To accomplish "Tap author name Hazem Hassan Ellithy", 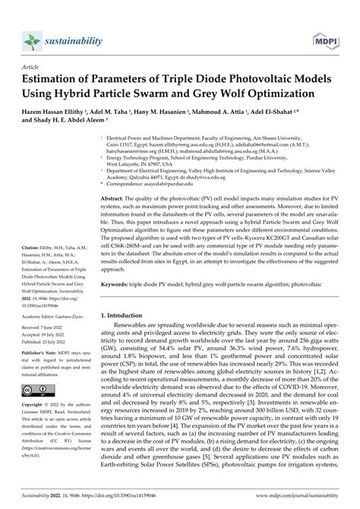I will coord(55,109).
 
